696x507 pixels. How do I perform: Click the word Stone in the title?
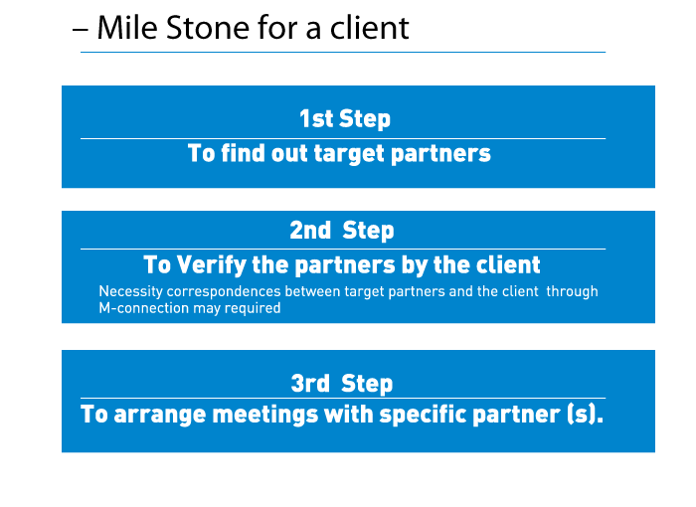[208, 28]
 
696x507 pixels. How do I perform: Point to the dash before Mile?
[80, 30]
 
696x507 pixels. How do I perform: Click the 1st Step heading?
[345, 118]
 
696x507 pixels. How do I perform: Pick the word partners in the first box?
[440, 154]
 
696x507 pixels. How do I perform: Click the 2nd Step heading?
[342, 231]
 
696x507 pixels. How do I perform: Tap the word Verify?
[212, 264]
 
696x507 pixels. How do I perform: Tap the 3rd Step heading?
[342, 383]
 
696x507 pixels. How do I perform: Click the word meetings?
[265, 415]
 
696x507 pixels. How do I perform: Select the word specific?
[423, 414]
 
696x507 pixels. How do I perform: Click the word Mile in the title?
[127, 28]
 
